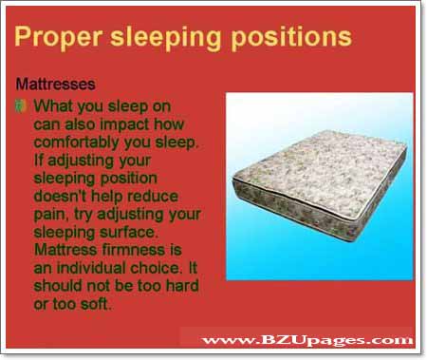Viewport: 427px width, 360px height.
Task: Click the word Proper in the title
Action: [x=56, y=38]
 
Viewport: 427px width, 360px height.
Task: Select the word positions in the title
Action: [x=290, y=38]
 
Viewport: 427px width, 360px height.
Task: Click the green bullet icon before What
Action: [x=23, y=104]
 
